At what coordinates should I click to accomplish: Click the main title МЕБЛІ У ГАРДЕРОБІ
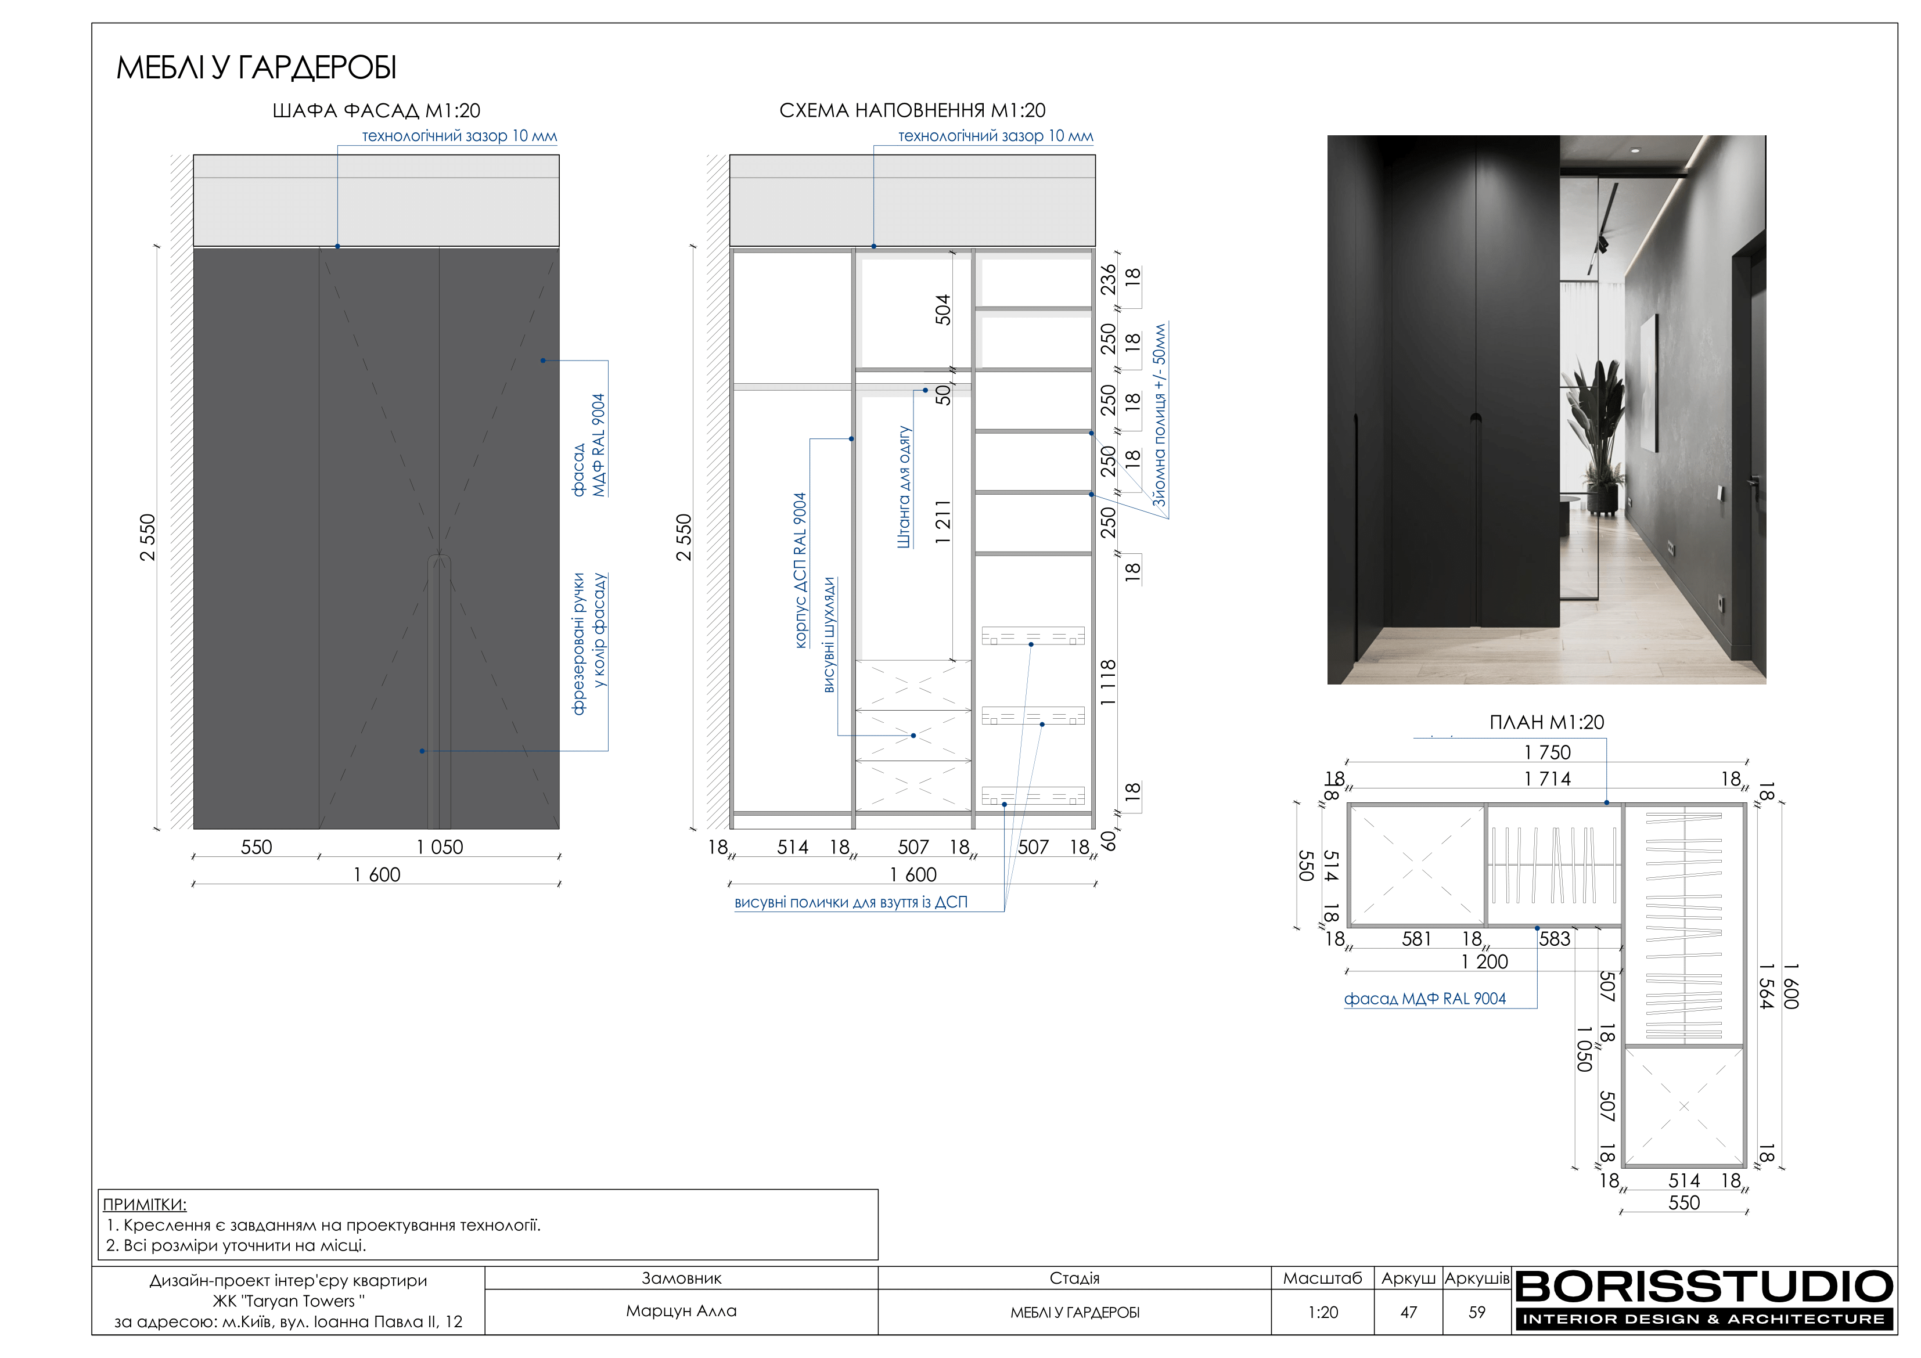tap(256, 68)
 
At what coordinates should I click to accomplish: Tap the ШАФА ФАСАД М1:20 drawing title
tap(376, 110)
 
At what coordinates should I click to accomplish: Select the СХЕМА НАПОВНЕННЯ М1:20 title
tap(912, 110)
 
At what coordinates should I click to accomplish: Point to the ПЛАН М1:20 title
tap(1546, 722)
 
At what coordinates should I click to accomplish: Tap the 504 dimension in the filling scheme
tap(943, 309)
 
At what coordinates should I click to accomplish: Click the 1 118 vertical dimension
tap(1108, 682)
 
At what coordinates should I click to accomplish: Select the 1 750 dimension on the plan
tap(1547, 752)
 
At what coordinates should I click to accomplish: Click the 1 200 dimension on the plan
tap(1484, 961)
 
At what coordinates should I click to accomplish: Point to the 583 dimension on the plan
tap(1555, 939)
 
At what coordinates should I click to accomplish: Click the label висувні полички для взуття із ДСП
tap(851, 902)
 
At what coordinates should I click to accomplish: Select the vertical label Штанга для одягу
tap(904, 487)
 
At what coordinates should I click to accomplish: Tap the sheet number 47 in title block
tap(1409, 1312)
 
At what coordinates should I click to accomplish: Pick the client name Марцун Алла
tap(681, 1310)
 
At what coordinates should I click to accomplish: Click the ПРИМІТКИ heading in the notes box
tap(145, 1204)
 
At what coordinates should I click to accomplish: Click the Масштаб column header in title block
tap(1323, 1278)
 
